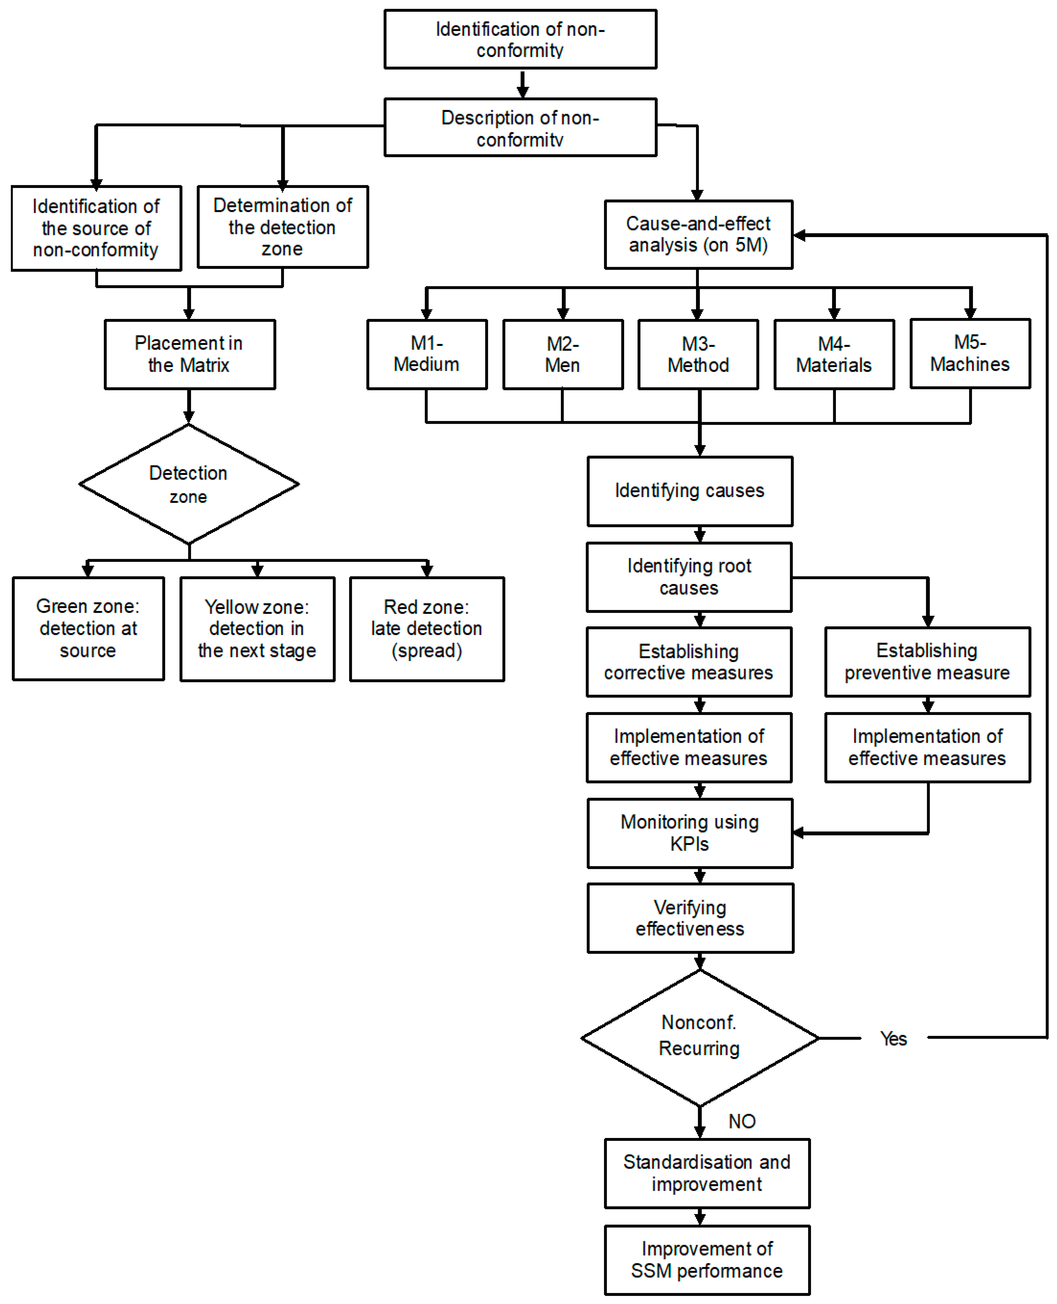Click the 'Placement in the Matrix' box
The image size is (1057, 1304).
click(189, 354)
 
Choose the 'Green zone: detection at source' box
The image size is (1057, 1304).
click(88, 629)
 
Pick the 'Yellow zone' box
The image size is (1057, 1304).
click(258, 629)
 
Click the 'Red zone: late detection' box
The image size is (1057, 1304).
click(427, 629)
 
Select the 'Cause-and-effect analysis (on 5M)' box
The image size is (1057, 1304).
click(698, 234)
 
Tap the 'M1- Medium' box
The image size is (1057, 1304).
click(427, 354)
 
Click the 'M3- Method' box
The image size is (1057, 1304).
click(698, 354)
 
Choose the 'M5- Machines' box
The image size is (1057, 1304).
click(970, 353)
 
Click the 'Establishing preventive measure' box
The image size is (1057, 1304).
click(927, 661)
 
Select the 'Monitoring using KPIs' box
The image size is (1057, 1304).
click(690, 833)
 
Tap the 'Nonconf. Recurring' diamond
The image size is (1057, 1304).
click(700, 1037)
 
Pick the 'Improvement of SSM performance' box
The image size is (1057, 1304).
click(707, 1260)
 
